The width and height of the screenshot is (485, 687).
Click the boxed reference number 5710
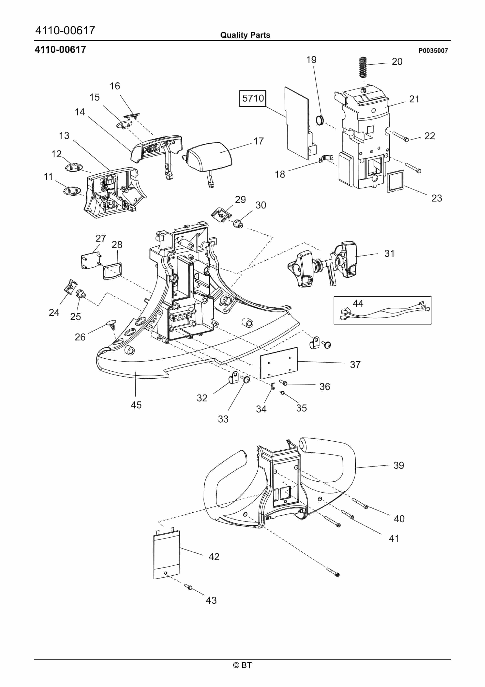253,99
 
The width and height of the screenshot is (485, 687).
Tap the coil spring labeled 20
363,66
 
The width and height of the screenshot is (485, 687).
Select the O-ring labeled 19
320,120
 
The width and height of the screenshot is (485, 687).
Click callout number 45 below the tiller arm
136,405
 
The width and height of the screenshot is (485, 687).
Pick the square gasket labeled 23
396,181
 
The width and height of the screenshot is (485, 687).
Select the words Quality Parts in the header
245,35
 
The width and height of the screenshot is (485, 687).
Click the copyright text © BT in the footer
242,665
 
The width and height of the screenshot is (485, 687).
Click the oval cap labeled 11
72,191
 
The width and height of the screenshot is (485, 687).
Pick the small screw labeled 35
282,393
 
